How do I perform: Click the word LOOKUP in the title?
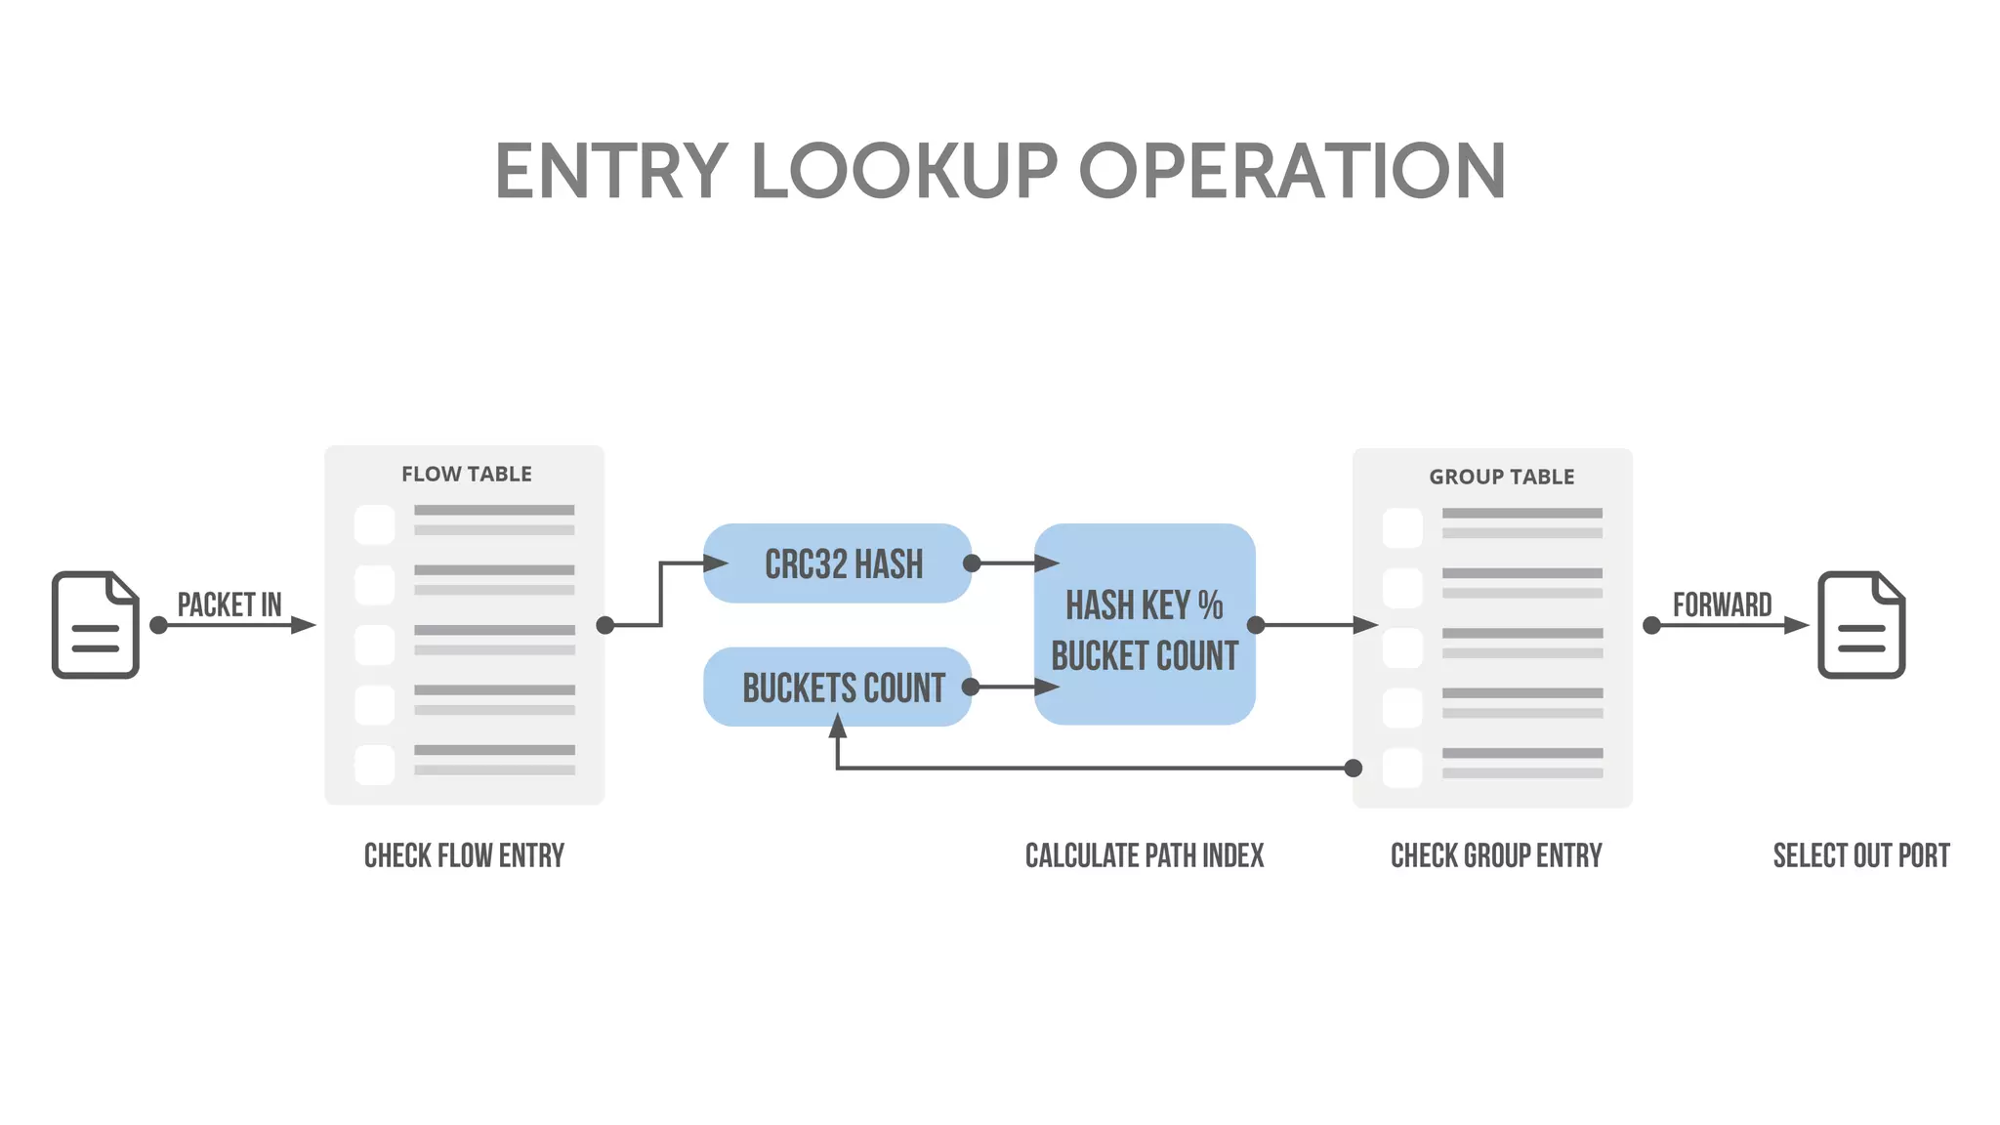coord(904,172)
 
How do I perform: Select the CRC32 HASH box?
coord(838,563)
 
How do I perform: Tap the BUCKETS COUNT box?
coord(838,687)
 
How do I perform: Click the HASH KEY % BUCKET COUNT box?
coord(1145,625)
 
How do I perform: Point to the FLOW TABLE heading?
coord(466,475)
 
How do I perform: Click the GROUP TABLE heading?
coord(1501,478)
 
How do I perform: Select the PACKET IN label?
coord(229,604)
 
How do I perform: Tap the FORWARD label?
coord(1722,604)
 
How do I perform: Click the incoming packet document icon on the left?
coord(96,625)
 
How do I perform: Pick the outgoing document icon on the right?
coord(1861,625)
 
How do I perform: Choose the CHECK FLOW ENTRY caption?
coord(464,856)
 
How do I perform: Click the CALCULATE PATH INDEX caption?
coord(1144,856)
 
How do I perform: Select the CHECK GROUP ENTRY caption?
coord(1496,856)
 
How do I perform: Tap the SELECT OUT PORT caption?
coord(1860,856)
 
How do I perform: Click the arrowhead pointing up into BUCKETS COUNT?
coord(837,727)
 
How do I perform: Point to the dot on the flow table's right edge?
coord(605,625)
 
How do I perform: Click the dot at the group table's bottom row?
coord(1354,769)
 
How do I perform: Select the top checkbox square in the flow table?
coord(375,524)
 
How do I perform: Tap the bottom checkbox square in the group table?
coord(1402,769)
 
